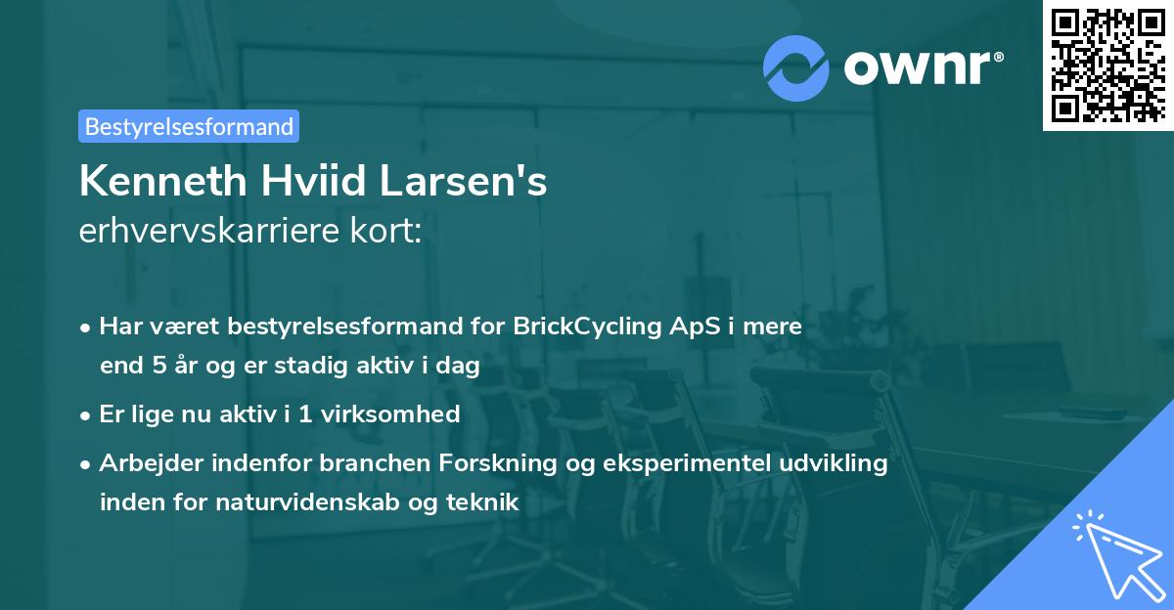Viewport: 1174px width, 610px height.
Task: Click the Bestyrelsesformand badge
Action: click(x=189, y=126)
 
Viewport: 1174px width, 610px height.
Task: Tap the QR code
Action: click(x=1107, y=65)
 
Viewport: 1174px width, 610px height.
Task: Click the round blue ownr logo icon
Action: click(x=796, y=68)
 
